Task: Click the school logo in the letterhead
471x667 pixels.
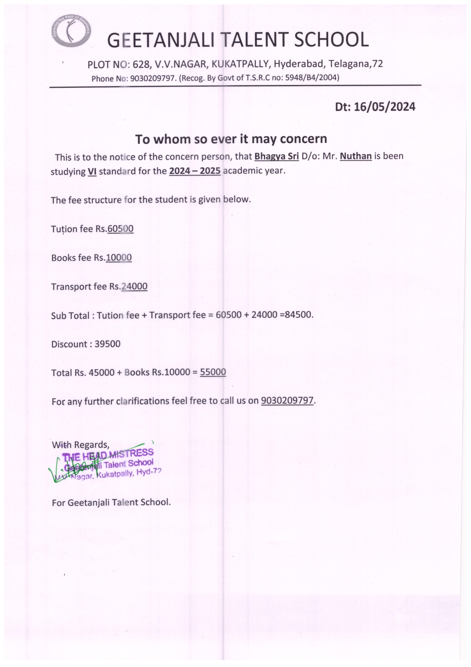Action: point(71,32)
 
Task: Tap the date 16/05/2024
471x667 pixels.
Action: point(384,107)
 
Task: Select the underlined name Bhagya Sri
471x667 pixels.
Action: point(277,156)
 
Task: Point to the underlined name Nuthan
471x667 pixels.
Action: point(356,156)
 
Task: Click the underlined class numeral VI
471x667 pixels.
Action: point(92,171)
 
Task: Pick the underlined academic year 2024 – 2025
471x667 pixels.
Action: point(195,171)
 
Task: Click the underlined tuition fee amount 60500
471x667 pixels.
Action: point(120,229)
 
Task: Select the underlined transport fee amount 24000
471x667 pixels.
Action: point(134,286)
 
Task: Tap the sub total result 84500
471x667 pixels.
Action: point(300,315)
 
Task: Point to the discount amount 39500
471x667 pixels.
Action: point(107,344)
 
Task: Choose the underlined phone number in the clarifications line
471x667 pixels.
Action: point(288,401)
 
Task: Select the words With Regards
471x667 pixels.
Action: point(81,445)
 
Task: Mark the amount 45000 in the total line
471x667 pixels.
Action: point(101,372)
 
